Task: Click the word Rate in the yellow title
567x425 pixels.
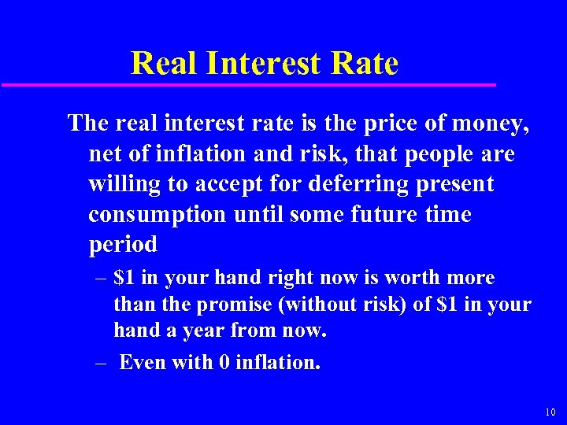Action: (x=365, y=63)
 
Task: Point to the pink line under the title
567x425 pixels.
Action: (x=248, y=84)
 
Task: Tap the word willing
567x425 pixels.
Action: (x=127, y=184)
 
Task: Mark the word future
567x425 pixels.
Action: (x=375, y=214)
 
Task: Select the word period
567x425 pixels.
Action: (x=123, y=245)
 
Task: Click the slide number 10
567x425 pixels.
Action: (x=550, y=412)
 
